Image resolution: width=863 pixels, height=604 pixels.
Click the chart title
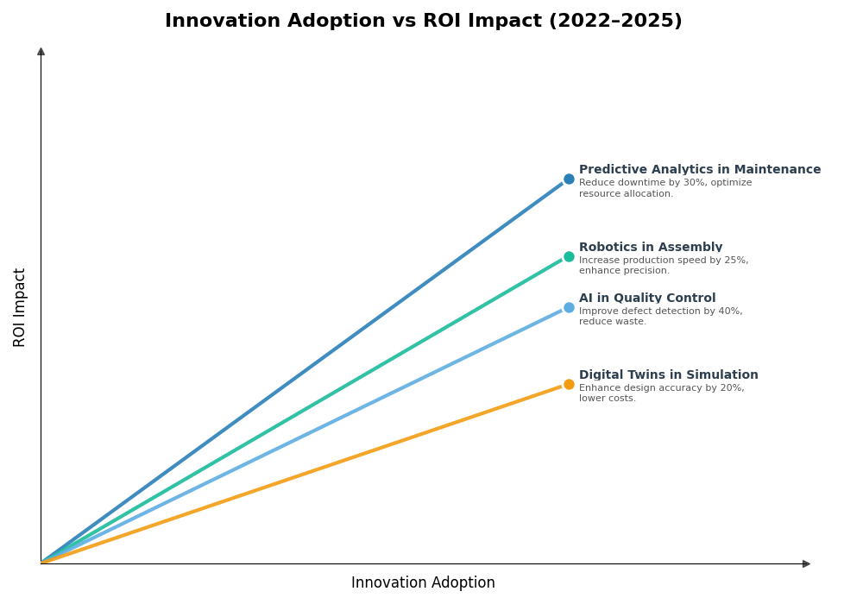coord(423,21)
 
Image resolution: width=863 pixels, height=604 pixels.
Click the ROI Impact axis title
coord(20,307)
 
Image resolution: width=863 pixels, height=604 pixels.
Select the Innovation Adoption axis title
coord(423,583)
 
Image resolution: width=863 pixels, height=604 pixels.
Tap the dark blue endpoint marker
coord(569,179)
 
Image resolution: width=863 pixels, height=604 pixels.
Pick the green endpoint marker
coord(569,256)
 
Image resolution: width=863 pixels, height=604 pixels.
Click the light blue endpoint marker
coord(569,307)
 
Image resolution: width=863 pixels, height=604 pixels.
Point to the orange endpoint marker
coord(569,385)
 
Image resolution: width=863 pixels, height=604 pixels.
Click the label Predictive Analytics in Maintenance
coord(699,170)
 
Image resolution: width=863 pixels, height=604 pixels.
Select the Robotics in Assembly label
coord(650,248)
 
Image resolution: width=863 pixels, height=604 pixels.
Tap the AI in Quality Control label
coord(646,299)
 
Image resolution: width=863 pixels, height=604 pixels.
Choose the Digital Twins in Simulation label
coord(668,375)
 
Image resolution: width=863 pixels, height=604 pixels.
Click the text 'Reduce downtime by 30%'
coord(635,183)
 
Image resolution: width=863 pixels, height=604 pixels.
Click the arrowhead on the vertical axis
coord(41,52)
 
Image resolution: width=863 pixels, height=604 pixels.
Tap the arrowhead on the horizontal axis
coord(806,563)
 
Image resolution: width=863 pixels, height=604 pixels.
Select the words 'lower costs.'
coord(607,399)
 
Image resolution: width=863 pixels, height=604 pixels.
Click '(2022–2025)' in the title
coord(614,21)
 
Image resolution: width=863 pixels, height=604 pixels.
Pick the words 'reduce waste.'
coord(612,322)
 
